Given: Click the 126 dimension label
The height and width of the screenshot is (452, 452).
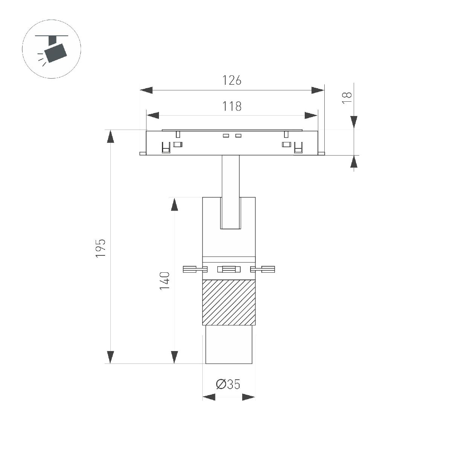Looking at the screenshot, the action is [232, 80].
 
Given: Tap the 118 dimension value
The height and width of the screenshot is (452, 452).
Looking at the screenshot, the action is [232, 106].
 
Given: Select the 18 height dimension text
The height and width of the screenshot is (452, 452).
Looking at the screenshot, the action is [347, 98].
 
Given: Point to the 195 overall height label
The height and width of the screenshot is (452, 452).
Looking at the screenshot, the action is [101, 248].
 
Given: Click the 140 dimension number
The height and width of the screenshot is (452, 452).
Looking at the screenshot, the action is [165, 281].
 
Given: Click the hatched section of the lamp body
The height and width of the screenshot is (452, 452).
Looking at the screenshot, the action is [229, 302].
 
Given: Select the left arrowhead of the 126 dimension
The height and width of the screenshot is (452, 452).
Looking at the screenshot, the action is [146, 90].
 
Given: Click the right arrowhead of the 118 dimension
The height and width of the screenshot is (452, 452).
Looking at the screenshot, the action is [311, 115].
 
